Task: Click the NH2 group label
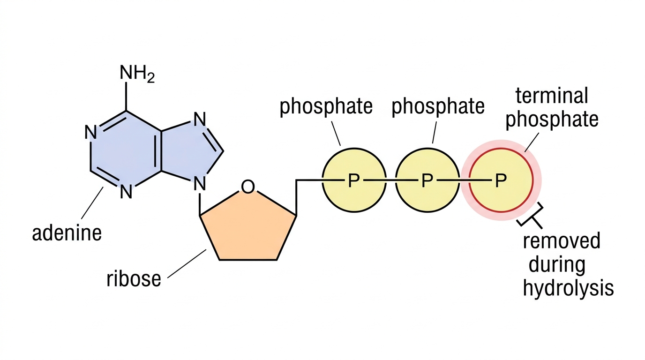(x=137, y=74)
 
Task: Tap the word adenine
(x=67, y=233)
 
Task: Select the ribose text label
(x=134, y=278)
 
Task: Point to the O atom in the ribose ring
(x=247, y=187)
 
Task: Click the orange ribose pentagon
(x=248, y=227)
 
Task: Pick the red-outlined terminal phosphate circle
(x=501, y=180)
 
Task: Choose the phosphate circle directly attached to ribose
(x=354, y=180)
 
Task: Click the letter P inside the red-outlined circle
(x=501, y=180)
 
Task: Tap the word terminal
(x=551, y=96)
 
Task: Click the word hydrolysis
(x=569, y=288)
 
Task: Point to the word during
(x=557, y=265)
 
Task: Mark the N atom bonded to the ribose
(x=200, y=183)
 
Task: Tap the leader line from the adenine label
(x=92, y=203)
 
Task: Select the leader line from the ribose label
(x=187, y=264)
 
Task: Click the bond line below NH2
(x=126, y=97)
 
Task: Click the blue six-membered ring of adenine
(x=126, y=150)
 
